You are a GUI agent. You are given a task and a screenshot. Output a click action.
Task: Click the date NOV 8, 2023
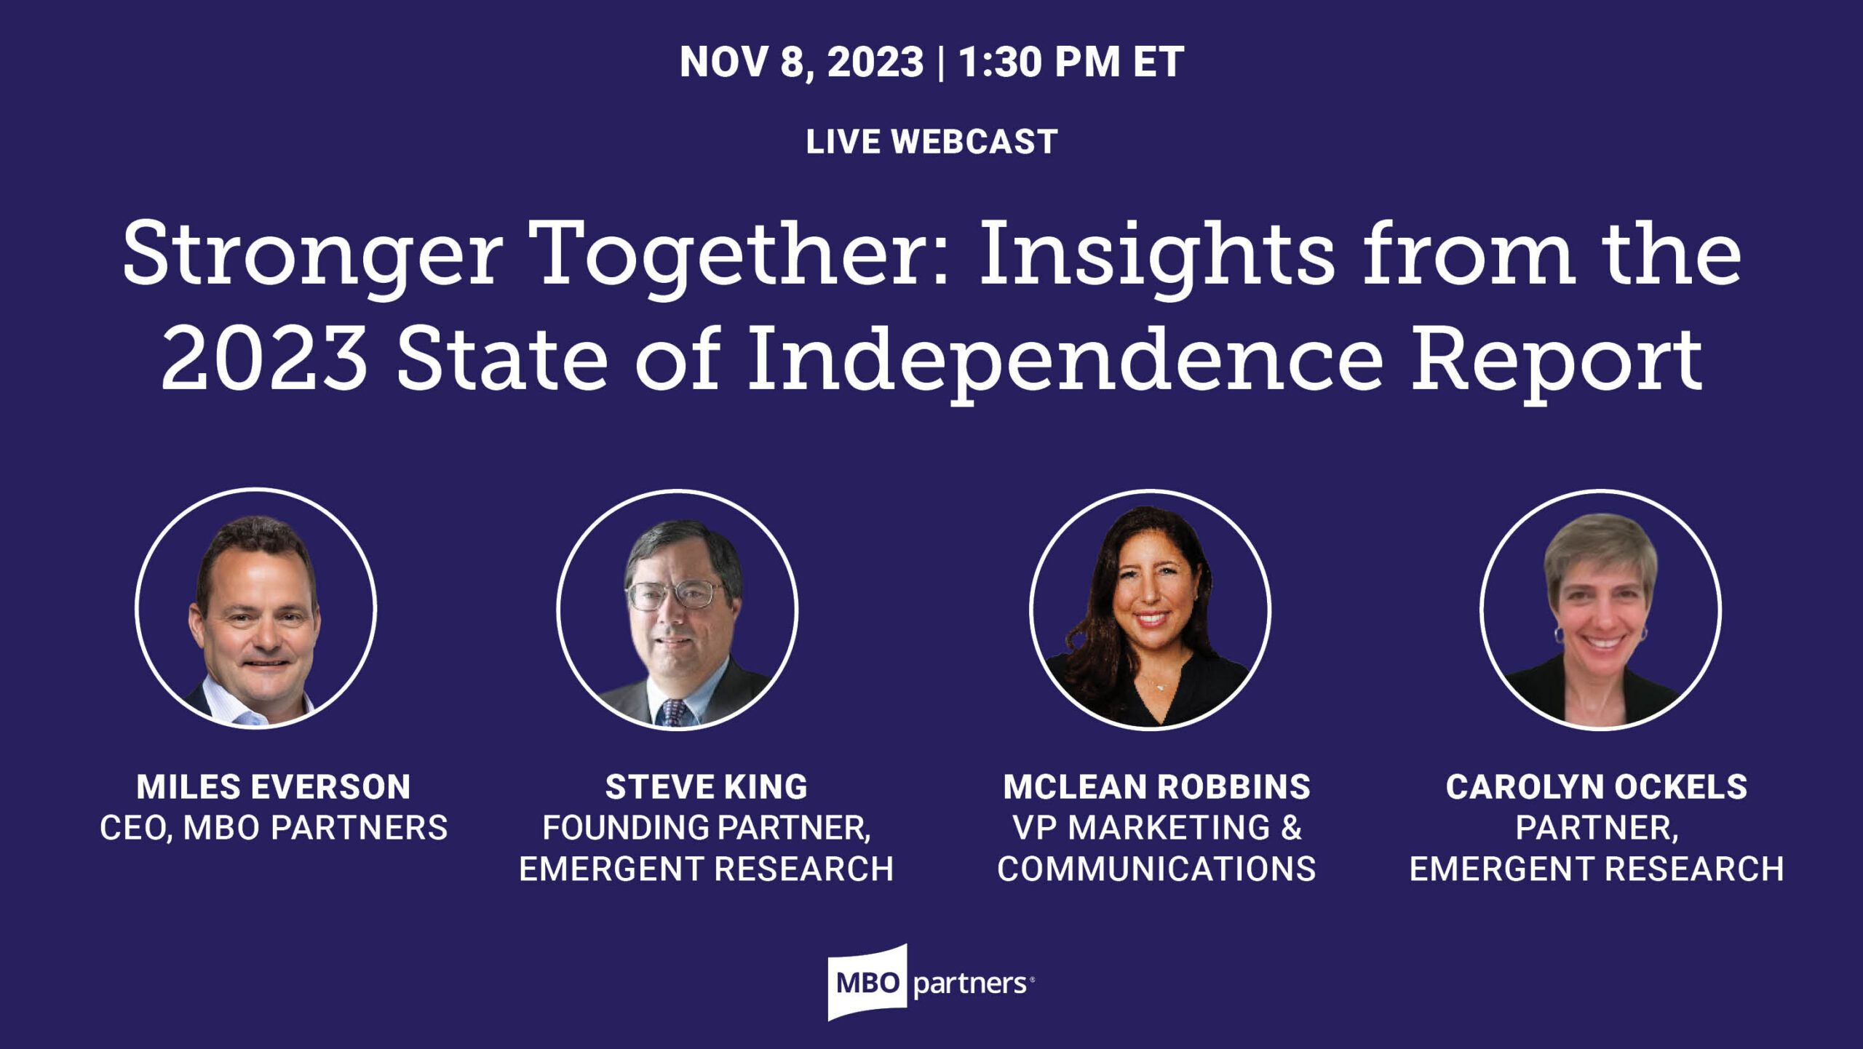(801, 63)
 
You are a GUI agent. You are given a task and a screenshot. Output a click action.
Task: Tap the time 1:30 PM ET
(1071, 63)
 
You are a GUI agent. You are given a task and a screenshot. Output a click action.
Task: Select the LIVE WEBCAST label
(931, 141)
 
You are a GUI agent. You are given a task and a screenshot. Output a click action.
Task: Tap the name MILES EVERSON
(274, 786)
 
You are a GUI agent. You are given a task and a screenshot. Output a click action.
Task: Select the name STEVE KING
(706, 786)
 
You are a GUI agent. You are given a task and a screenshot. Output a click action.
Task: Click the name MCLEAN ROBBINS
(1157, 786)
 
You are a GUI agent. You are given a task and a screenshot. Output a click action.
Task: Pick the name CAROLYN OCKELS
(1597, 786)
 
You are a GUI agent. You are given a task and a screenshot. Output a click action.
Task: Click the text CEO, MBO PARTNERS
(274, 828)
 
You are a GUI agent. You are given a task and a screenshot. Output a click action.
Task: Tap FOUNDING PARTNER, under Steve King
(707, 828)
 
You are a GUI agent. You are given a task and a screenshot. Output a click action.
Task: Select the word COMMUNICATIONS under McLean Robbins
(1156, 869)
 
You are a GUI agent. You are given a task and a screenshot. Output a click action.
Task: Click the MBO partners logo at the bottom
(931, 983)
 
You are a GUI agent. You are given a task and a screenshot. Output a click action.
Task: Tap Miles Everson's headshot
(255, 608)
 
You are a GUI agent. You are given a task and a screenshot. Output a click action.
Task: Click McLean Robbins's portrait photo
(1150, 609)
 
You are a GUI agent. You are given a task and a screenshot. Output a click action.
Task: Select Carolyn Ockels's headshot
(1600, 609)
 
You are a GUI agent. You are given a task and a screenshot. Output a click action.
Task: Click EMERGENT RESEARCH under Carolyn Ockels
(1597, 869)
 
